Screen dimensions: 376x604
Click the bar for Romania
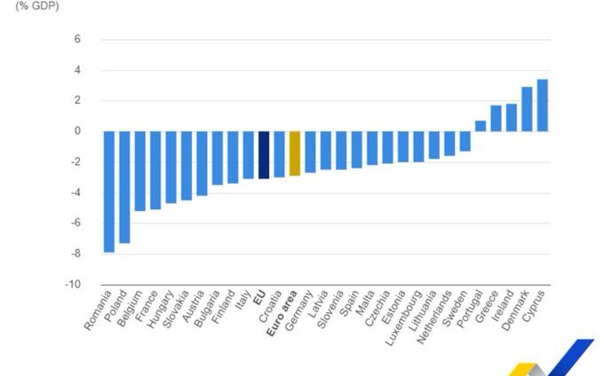pyautogui.click(x=109, y=192)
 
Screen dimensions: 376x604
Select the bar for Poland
pyautogui.click(x=125, y=187)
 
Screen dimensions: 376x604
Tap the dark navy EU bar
pyautogui.click(x=264, y=154)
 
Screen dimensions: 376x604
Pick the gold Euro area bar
pyautogui.click(x=295, y=153)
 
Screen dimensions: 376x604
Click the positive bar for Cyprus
pyautogui.click(x=543, y=106)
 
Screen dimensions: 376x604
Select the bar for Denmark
pyautogui.click(x=527, y=109)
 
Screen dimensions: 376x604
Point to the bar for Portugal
pyautogui.click(x=481, y=126)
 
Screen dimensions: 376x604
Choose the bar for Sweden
pyautogui.click(x=465, y=141)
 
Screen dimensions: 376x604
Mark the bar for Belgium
pyautogui.click(x=140, y=171)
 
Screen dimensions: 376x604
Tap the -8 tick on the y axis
pyautogui.click(x=77, y=255)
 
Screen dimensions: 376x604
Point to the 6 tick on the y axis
pyautogui.click(x=77, y=40)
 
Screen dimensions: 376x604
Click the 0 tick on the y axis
pyautogui.click(x=77, y=131)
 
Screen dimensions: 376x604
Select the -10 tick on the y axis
pyautogui.click(x=75, y=286)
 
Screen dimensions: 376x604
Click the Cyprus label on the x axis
pyautogui.click(x=536, y=307)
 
